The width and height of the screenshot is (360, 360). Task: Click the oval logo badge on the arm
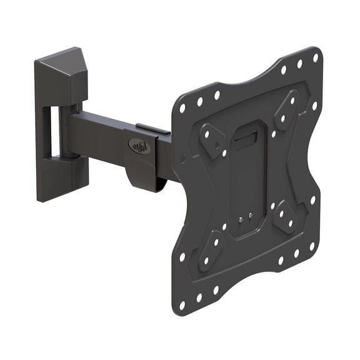tap(138, 145)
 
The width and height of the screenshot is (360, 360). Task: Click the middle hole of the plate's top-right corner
tap(299, 64)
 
